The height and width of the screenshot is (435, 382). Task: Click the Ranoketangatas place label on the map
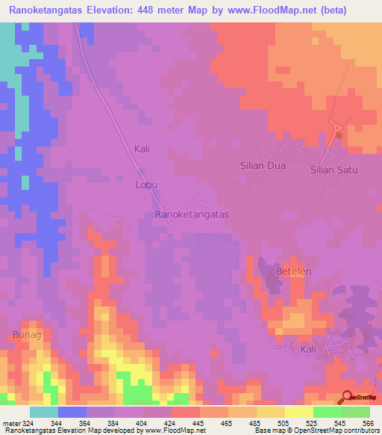pos(191,214)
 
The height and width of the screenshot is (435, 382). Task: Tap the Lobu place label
pos(146,184)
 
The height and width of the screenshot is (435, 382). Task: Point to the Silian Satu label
pos(334,170)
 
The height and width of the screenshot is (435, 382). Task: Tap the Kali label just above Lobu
pos(142,149)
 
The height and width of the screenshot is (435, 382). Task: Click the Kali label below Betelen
pos(309,349)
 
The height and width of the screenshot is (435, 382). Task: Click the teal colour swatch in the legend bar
pos(44,412)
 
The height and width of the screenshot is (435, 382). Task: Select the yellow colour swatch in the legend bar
pos(299,412)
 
